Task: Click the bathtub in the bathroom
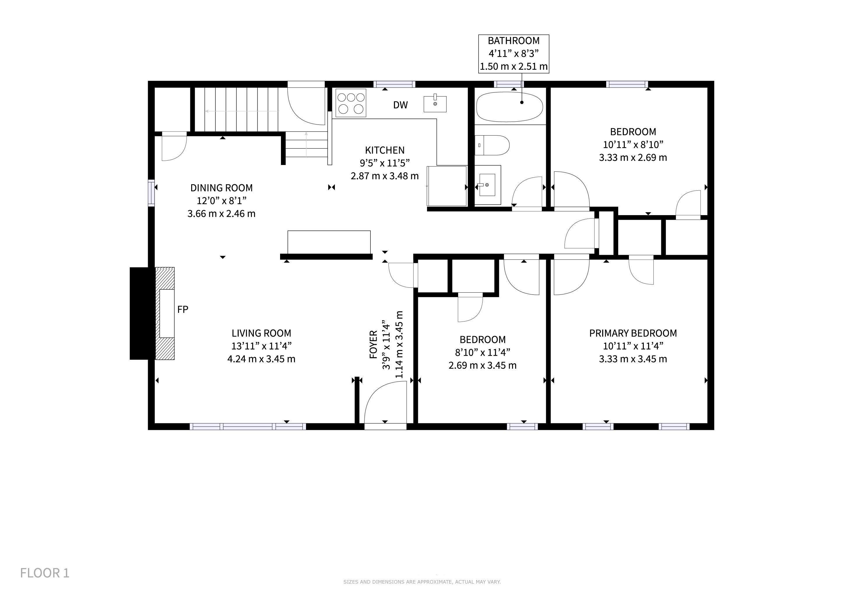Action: (509, 107)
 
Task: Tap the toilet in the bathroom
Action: (492, 145)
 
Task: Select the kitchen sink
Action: (435, 104)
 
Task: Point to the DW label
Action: (400, 105)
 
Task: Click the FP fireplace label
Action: (183, 310)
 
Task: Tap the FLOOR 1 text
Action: (45, 573)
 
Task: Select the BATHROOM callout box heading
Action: (514, 41)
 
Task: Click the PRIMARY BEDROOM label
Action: (633, 333)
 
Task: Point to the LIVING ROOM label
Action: (261, 333)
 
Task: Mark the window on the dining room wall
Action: (151, 192)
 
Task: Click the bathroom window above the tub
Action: (509, 84)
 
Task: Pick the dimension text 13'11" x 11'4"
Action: (261, 346)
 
